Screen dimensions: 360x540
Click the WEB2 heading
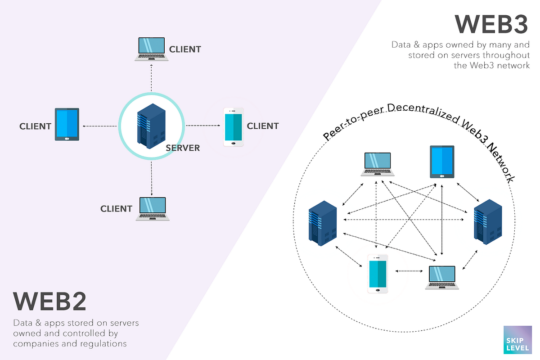pos(49,302)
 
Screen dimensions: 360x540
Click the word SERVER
pos(183,148)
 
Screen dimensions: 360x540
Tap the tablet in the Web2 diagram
pos(67,124)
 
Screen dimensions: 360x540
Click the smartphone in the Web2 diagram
pos(234,126)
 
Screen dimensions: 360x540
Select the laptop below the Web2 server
pos(153,208)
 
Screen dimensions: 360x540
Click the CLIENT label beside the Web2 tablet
pos(35,126)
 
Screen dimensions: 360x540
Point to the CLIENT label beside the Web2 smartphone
pos(263,126)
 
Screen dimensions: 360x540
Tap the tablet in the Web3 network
pos(442,161)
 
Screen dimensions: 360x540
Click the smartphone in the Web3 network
pos(377,274)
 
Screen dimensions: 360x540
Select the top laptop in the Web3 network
pos(378,164)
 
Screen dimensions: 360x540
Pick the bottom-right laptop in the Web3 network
pos(441,277)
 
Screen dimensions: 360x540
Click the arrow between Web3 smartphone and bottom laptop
pos(409,271)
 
